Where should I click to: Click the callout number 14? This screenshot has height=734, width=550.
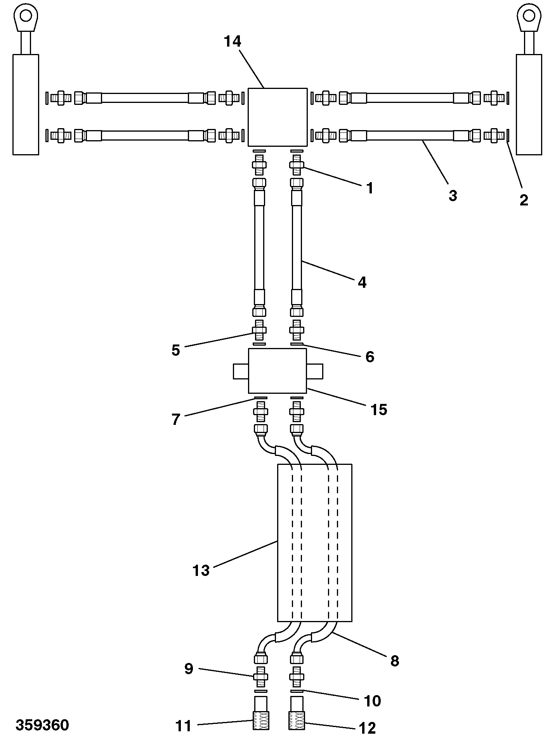(x=232, y=41)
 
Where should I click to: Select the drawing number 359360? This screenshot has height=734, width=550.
(x=42, y=725)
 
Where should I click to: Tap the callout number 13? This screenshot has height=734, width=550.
(x=201, y=571)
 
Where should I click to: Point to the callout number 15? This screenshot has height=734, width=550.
(x=379, y=409)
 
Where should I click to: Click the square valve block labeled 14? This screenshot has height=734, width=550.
(x=278, y=117)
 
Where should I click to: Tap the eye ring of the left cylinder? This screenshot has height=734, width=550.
(x=26, y=16)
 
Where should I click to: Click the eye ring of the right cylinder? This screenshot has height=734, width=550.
(x=529, y=16)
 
